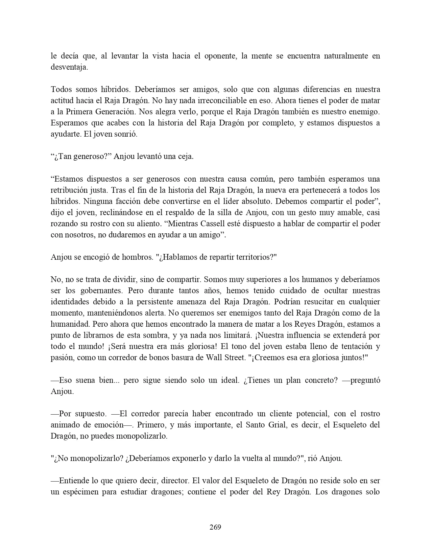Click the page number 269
point(215,527)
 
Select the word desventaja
point(69,67)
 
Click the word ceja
point(186,156)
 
